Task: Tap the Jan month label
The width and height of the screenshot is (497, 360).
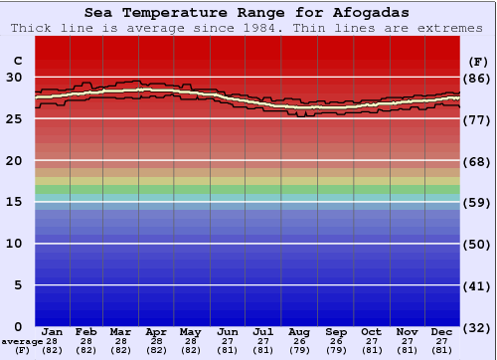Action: [54, 331]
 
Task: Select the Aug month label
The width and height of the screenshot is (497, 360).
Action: [299, 331]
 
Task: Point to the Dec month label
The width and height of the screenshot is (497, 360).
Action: [442, 331]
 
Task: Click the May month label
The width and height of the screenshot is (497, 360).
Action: [190, 331]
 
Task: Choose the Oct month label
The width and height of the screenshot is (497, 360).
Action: [371, 331]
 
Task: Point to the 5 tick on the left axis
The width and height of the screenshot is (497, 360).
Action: [17, 284]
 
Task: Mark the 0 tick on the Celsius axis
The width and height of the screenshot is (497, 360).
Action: [17, 326]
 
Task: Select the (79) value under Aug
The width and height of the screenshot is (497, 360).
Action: [299, 350]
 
